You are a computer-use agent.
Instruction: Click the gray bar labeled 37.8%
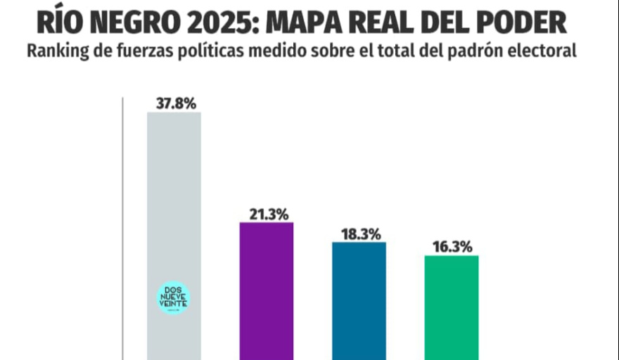pyautogui.click(x=174, y=211)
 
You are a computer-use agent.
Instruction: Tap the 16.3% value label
pyautogui.click(x=452, y=247)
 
